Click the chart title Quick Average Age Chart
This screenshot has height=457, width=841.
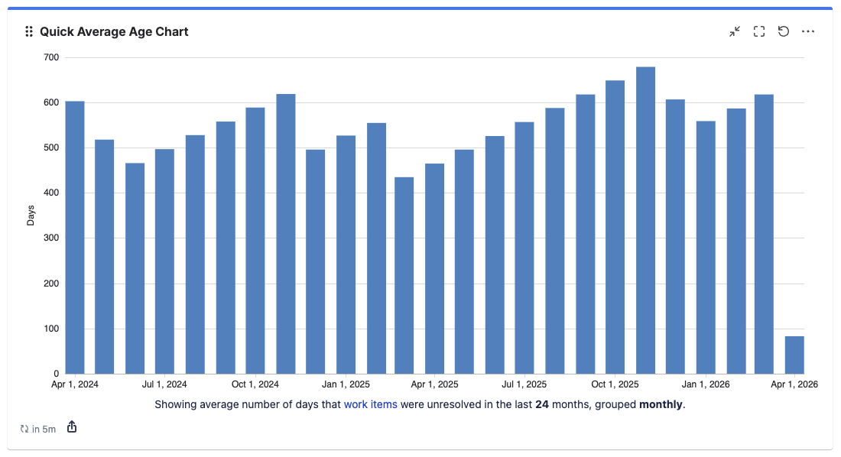[114, 31]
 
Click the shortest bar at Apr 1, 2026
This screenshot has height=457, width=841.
[794, 355]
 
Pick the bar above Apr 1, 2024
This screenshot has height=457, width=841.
[75, 237]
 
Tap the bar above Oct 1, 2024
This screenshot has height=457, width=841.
[255, 240]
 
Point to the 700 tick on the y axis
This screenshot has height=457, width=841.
[52, 57]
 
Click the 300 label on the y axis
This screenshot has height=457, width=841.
[52, 238]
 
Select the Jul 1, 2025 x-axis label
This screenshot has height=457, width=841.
[524, 384]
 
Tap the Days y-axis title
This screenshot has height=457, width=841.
[31, 216]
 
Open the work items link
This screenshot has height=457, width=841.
[371, 404]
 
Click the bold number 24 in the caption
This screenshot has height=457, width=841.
[541, 404]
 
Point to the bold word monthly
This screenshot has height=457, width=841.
[661, 404]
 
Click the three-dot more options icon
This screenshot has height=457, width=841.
[808, 31]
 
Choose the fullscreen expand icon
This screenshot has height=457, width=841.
[759, 31]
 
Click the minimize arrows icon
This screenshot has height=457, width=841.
[735, 31]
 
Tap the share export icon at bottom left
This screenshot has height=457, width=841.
[72, 427]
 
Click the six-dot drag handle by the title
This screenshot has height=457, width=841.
[29, 31]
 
